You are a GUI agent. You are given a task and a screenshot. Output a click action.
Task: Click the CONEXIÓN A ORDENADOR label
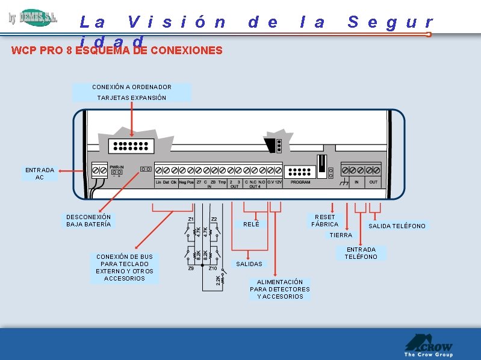tap(131, 87)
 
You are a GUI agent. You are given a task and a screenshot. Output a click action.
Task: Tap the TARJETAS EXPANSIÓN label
tap(131, 98)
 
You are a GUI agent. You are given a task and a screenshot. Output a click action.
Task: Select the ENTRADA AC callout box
tap(40, 173)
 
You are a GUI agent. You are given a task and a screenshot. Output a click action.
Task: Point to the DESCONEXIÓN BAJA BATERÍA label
tap(88, 220)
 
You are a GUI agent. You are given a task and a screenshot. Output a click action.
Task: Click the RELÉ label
tap(251, 224)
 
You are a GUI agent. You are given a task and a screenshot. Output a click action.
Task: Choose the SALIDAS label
tap(249, 264)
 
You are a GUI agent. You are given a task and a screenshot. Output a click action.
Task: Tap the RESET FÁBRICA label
tap(325, 220)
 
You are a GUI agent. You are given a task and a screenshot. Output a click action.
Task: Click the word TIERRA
tap(340, 235)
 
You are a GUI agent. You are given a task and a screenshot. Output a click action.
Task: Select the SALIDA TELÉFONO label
tap(397, 226)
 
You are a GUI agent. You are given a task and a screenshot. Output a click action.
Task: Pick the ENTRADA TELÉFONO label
tap(361, 253)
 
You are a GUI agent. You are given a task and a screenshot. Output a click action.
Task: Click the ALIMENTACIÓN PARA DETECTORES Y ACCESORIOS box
tap(280, 289)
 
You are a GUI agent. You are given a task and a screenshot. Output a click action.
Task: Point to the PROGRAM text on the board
tap(300, 182)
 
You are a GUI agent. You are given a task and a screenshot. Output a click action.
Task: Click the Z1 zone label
tap(191, 219)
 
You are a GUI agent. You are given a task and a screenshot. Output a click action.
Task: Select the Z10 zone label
tap(213, 268)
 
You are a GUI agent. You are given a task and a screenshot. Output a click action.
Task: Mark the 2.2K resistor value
tap(217, 280)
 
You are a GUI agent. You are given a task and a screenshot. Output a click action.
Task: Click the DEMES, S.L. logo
tap(33, 17)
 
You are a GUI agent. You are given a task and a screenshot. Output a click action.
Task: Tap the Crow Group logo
tap(428, 346)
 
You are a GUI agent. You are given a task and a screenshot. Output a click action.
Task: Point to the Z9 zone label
tap(190, 268)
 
